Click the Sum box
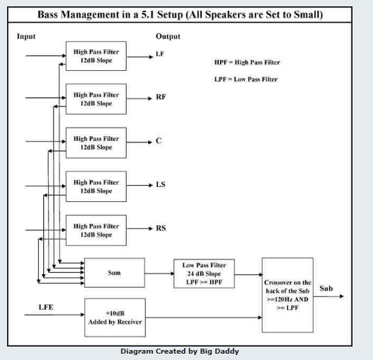(x=115, y=273)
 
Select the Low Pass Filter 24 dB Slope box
(x=204, y=274)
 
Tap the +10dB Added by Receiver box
(x=115, y=317)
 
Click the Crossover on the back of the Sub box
(x=287, y=295)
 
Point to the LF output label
(x=160, y=54)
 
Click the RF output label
(x=161, y=97)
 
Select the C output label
(x=159, y=141)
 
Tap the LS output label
(x=161, y=184)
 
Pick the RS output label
(x=161, y=228)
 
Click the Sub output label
(x=326, y=288)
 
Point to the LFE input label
(x=46, y=307)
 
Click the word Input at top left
(x=26, y=36)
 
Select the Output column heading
(x=168, y=36)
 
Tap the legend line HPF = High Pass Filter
(x=247, y=62)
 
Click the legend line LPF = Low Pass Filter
(x=246, y=79)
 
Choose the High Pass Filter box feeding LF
(x=96, y=56)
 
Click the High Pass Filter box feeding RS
(x=96, y=230)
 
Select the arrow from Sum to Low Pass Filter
(x=159, y=274)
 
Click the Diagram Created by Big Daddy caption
(x=180, y=351)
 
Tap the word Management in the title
(x=91, y=15)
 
